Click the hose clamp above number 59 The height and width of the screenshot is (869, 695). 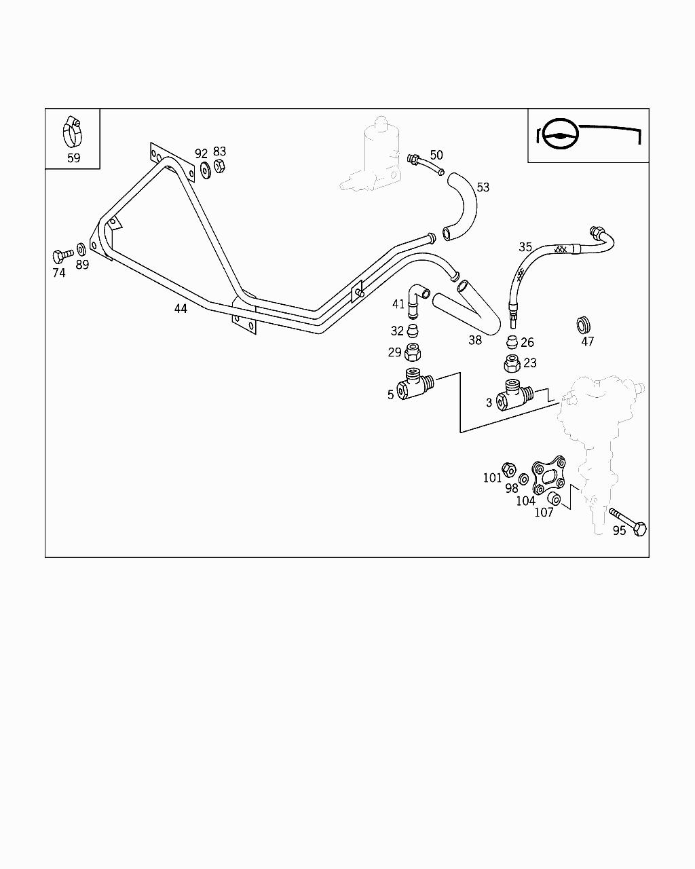point(72,132)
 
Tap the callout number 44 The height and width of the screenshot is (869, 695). point(180,309)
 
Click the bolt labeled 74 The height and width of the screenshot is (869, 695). point(60,256)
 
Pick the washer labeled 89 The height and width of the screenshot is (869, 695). point(81,248)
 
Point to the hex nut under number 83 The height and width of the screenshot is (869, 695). point(219,167)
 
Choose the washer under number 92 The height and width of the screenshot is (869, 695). point(204,170)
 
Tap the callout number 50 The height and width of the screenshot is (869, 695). point(436,155)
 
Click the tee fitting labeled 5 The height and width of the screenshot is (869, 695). point(415,384)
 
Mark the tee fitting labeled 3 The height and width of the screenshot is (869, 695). point(514,394)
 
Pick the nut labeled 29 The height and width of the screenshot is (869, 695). point(412,353)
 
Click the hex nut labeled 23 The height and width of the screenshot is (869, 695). point(512,364)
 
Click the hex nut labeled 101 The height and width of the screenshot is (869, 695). point(508,468)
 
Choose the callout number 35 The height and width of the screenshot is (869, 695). point(525,247)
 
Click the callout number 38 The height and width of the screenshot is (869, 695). point(475,340)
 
